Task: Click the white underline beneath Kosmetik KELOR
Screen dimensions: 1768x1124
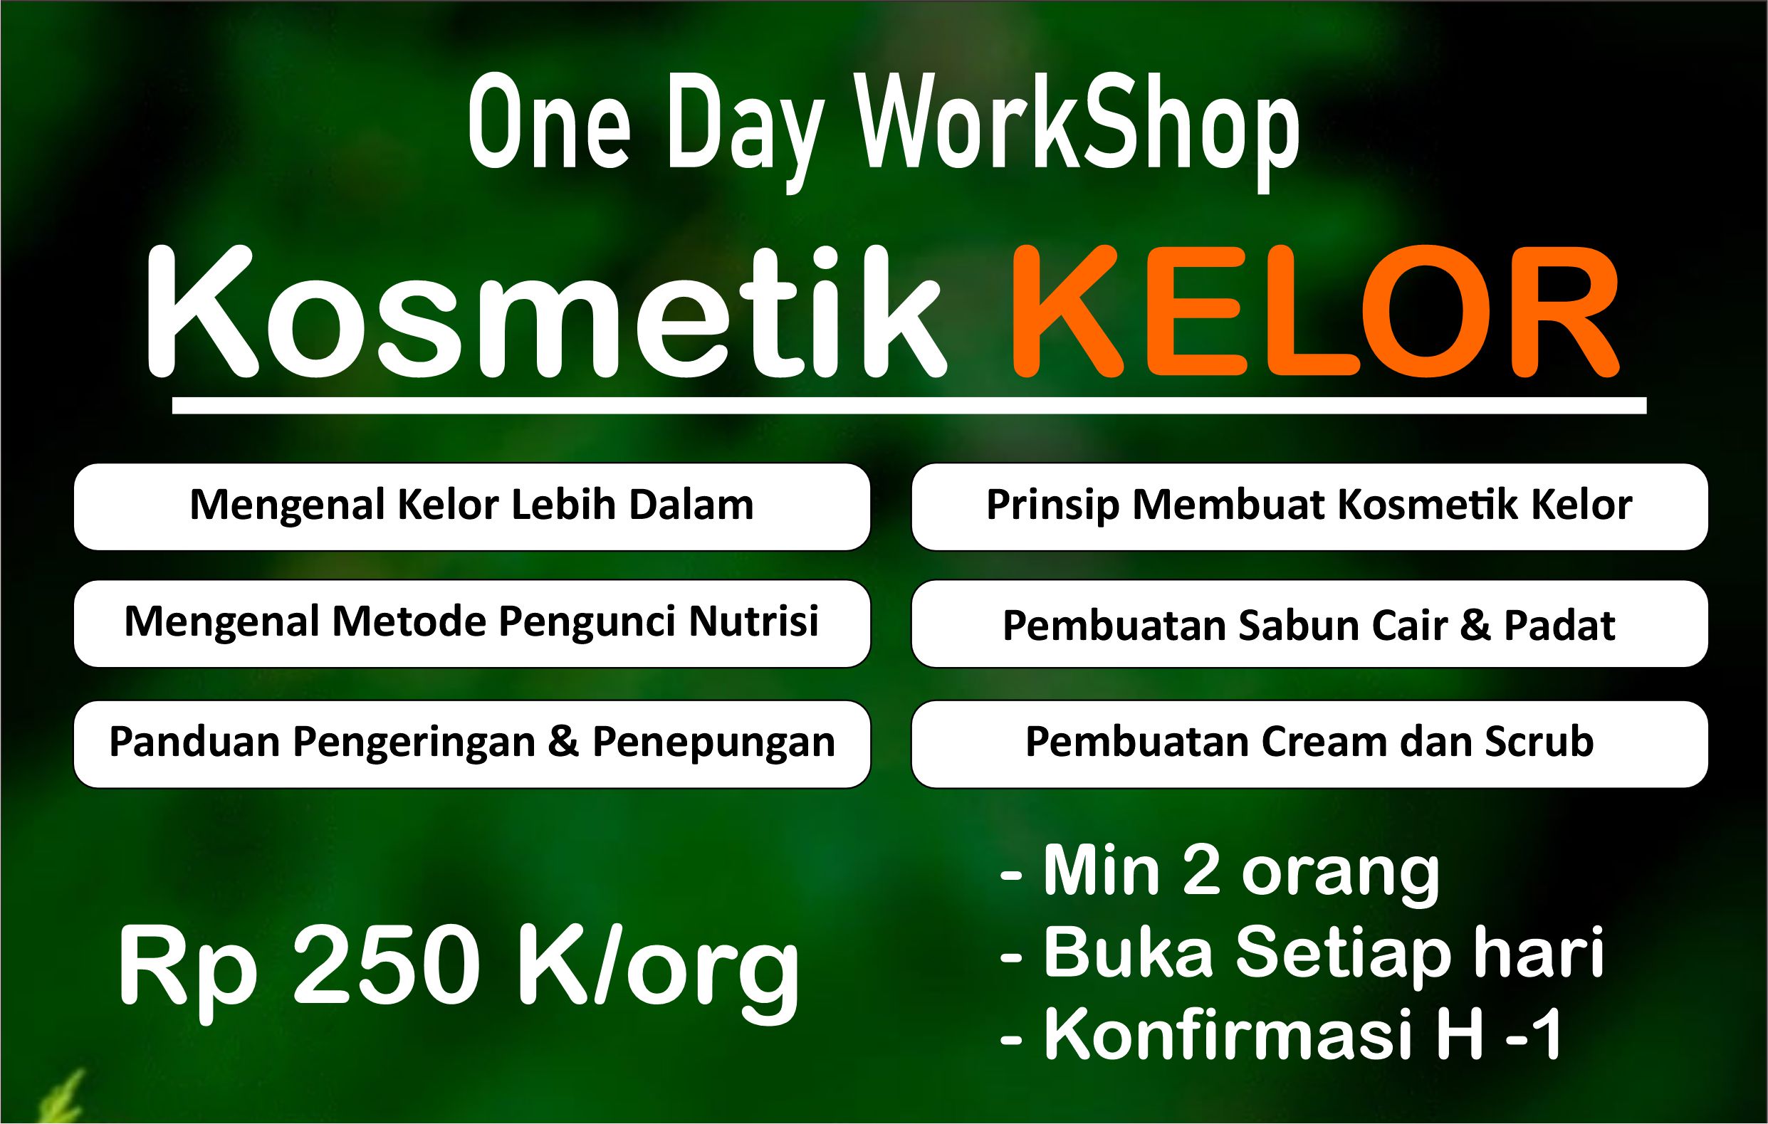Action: pos(909,405)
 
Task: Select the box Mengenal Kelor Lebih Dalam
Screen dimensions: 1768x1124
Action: pos(472,507)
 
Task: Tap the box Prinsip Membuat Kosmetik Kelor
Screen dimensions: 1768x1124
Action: pos(1310,507)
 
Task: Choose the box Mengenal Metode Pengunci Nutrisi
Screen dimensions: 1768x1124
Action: pos(472,624)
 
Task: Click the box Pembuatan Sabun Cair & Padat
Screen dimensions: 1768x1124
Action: pos(1310,624)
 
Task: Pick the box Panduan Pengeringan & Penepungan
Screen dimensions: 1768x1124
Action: pos(472,745)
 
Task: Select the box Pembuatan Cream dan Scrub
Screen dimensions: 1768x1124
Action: pos(1310,745)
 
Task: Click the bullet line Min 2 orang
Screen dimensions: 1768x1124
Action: pos(1220,872)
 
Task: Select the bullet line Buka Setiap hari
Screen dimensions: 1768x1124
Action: pos(1302,952)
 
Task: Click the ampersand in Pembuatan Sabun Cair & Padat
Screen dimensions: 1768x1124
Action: pos(1476,626)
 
